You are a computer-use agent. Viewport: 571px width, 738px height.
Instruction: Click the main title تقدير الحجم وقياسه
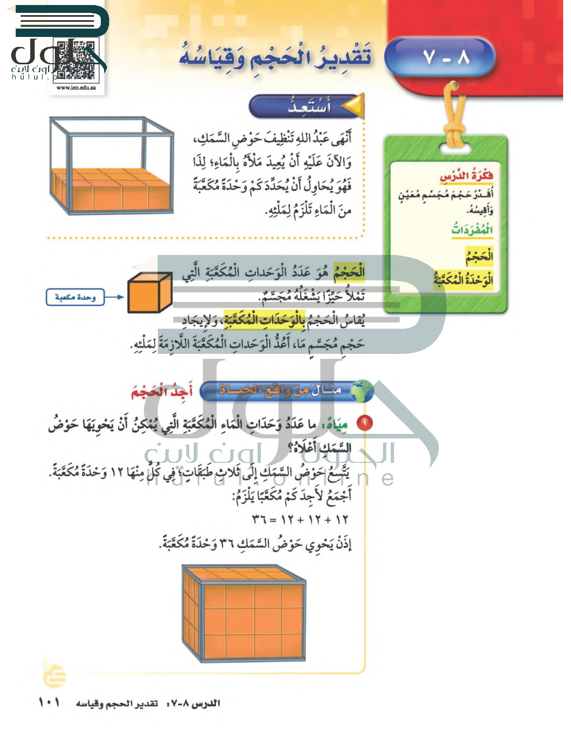(x=275, y=57)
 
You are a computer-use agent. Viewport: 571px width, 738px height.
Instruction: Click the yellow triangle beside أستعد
(x=353, y=106)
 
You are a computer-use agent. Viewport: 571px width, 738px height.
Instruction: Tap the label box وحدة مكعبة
(x=76, y=297)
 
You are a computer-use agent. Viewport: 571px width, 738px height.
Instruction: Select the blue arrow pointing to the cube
(x=114, y=297)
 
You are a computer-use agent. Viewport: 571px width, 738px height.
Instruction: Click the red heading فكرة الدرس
(x=466, y=176)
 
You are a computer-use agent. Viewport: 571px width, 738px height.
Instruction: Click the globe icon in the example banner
(x=363, y=391)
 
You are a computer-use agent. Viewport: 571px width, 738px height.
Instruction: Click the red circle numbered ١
(x=364, y=423)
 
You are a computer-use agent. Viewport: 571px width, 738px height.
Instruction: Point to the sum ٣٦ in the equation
(x=259, y=519)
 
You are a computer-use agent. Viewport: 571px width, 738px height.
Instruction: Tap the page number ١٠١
(x=49, y=702)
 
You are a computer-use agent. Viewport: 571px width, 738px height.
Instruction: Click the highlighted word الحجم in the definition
(x=349, y=272)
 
